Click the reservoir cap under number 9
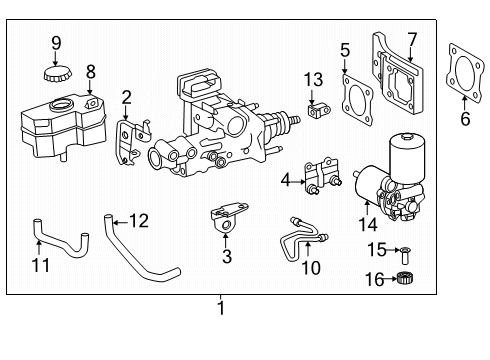pos(57,74)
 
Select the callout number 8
pos(90,72)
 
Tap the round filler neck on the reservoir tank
pos(61,105)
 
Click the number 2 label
pos(126,98)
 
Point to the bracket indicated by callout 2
pos(132,142)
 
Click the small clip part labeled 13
pos(319,110)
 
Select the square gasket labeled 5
pos(357,100)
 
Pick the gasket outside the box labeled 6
pos(465,73)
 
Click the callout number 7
pos(412,40)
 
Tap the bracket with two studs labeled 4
pos(322,176)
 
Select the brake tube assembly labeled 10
pos(302,239)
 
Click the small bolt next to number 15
pos(406,254)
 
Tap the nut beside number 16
pos(406,278)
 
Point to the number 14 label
pos(368,224)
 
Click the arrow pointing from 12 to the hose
pos(120,221)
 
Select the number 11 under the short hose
pos(40,265)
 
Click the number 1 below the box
pos(221,308)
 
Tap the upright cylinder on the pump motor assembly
pos(407,158)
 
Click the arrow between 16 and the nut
pos(391,279)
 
